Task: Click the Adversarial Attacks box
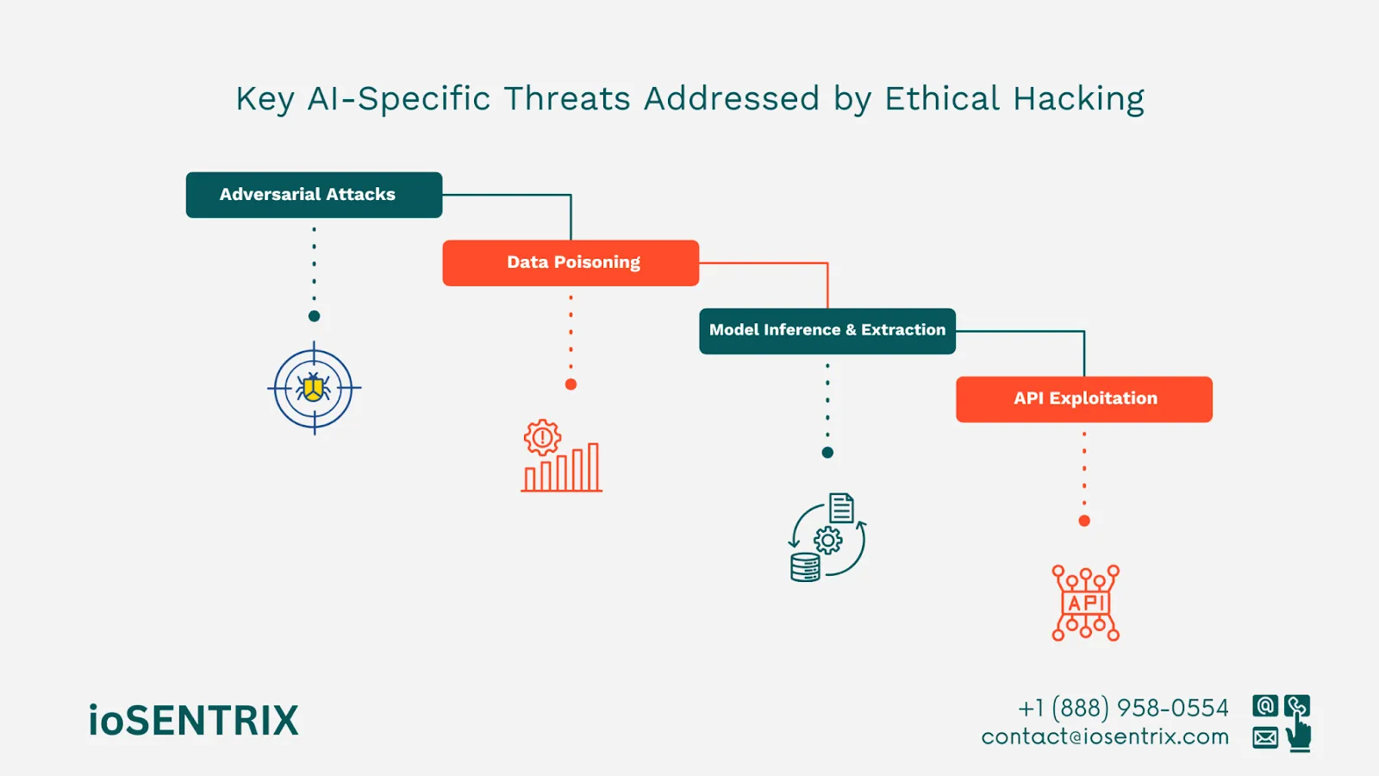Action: click(314, 195)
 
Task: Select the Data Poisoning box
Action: click(571, 263)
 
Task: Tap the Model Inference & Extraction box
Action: click(827, 331)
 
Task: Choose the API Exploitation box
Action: click(1084, 399)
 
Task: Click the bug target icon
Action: click(314, 389)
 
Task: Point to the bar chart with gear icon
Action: click(561, 456)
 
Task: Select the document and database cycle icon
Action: click(827, 537)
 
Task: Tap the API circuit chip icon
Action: click(1085, 603)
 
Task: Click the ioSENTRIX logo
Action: click(194, 721)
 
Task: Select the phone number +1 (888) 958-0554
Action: click(1123, 708)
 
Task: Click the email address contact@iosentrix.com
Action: click(1105, 737)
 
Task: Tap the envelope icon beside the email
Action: click(1265, 738)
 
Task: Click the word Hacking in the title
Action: click(1079, 100)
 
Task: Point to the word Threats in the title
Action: click(567, 99)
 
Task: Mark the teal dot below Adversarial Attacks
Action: click(314, 316)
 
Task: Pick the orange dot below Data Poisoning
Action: click(571, 385)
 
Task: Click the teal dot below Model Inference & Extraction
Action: click(827, 453)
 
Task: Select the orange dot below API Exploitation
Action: click(1084, 521)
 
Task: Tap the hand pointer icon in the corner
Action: click(1299, 735)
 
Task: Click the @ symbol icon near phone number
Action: click(1265, 706)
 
